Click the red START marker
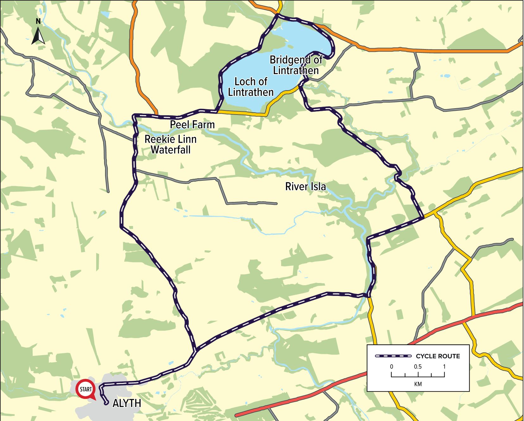[85, 389]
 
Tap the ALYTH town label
[127, 403]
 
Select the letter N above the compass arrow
[38, 21]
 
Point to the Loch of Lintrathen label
[251, 87]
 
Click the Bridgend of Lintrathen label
[296, 65]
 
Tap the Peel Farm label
[192, 125]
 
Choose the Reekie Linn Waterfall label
[171, 144]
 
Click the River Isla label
[305, 186]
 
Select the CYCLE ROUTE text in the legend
[438, 356]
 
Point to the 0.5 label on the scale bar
[418, 367]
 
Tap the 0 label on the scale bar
[392, 367]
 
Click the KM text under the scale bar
[418, 384]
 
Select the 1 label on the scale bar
[444, 367]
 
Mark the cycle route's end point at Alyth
[106, 403]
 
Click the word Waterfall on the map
[171, 149]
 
